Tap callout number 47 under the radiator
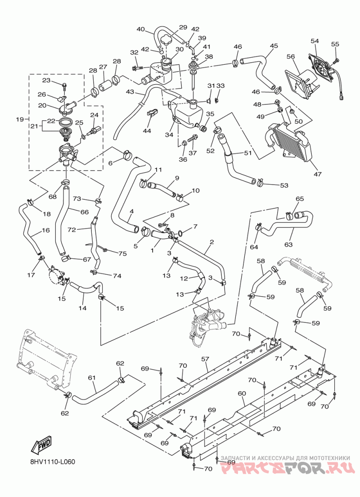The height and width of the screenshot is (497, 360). point(317,174)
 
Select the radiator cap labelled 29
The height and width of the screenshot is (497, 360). point(166,41)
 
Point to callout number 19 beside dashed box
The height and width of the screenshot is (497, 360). point(20,119)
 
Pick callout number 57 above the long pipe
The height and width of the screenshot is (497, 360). point(205,359)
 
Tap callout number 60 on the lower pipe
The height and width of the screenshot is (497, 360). point(242,393)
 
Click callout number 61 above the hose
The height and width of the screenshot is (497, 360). point(92,378)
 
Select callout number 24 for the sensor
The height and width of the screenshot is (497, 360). point(94,115)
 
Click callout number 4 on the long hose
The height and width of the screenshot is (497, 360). point(131,211)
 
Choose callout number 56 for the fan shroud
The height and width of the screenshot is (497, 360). point(291,57)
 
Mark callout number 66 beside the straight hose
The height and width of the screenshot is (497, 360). point(84,212)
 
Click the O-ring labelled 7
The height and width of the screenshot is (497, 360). point(180,234)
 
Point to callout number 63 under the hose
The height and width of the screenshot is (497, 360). point(288,244)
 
